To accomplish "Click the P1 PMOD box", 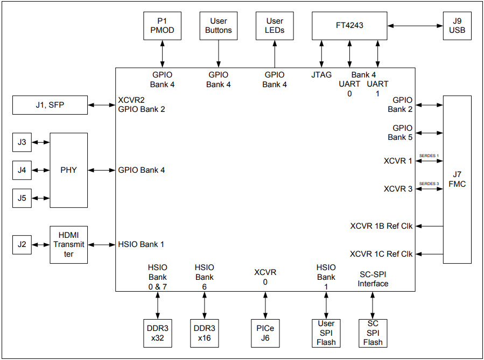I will coord(162,26).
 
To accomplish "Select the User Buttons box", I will coord(218,26).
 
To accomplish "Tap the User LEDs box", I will coord(275,26).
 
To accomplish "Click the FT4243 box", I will coord(349,26).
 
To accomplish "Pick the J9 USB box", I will coord(457,26).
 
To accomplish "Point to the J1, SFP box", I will coord(50,105).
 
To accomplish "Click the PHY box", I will coord(68,170).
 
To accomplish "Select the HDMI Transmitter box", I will coord(68,244).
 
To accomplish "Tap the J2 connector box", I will coord(22,244).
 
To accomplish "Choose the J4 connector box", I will coord(22,170).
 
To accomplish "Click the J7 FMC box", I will coord(457,180).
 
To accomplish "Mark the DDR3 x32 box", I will coord(158,333).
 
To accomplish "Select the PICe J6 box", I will coord(265,333).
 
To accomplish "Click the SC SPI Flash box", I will coord(373,333).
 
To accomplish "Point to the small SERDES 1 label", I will coord(429,156).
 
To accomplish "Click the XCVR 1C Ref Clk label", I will coord(381,254).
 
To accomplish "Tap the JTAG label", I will coord(321,75).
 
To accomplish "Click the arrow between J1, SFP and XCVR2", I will coord(101,105).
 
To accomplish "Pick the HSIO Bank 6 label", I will coord(205,277).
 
